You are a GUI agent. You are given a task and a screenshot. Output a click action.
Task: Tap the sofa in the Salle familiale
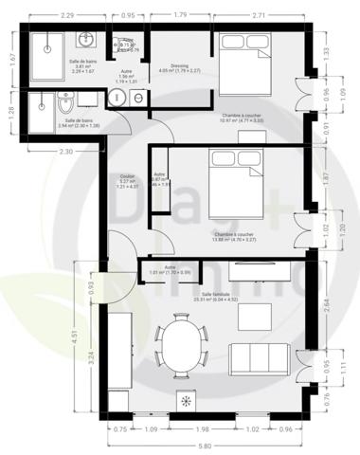260,358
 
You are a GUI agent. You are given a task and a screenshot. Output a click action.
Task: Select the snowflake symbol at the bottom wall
185,402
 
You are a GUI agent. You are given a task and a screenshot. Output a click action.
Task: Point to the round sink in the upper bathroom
86,41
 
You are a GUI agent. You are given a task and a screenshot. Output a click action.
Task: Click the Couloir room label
127,176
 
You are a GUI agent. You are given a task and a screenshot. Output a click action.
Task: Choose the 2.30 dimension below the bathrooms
64,151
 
